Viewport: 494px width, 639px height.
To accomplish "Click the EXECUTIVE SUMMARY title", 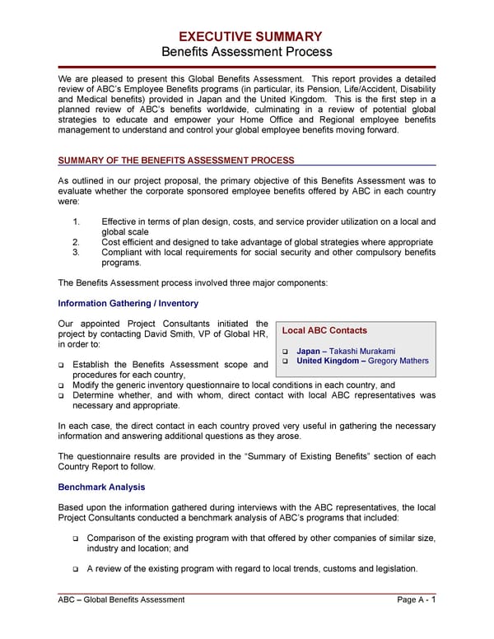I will point(246,36).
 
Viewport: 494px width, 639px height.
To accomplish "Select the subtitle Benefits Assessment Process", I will point(246,52).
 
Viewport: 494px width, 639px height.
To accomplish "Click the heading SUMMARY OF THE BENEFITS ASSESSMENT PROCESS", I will point(176,160).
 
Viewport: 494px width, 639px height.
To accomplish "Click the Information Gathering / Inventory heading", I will point(128,303).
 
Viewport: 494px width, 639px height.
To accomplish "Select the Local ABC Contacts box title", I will point(324,330).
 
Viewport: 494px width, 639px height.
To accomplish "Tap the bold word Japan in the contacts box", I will point(308,351).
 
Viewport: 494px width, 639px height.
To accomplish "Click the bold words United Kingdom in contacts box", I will point(328,361).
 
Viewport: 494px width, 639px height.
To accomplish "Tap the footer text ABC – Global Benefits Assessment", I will point(122,599).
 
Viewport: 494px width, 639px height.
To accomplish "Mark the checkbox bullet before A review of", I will point(76,569).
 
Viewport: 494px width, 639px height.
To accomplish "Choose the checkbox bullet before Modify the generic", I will point(63,385).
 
